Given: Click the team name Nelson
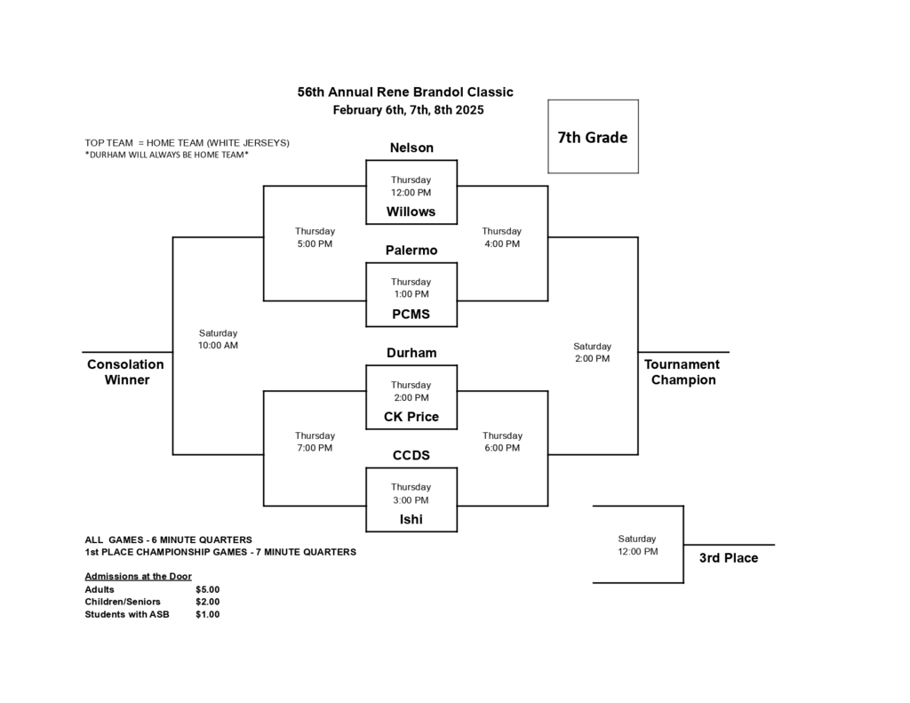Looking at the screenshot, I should (411, 148).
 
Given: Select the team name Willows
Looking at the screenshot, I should (411, 212).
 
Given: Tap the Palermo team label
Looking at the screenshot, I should (411, 251).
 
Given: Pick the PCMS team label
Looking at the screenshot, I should (411, 314).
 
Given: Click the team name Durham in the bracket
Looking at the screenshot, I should (411, 353).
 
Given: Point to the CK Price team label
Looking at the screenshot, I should (411, 417).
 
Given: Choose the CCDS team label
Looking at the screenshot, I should (411, 455).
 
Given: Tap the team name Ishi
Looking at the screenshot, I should (411, 519).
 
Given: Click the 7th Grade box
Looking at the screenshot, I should (593, 137).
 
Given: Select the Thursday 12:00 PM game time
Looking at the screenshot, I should (411, 186).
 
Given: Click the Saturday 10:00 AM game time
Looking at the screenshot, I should (218, 339).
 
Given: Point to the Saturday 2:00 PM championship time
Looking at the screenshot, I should (592, 352).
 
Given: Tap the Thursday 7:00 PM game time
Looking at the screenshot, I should (315, 442).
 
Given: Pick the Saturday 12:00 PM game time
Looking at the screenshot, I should (637, 545).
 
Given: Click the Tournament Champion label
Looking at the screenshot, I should (682, 372).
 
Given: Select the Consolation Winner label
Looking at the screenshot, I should (125, 372).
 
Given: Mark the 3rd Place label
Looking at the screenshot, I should (729, 558).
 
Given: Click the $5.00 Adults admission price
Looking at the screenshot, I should (207, 589).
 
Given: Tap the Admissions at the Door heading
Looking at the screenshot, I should (138, 576).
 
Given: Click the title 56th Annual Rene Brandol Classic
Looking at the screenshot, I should (405, 92).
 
